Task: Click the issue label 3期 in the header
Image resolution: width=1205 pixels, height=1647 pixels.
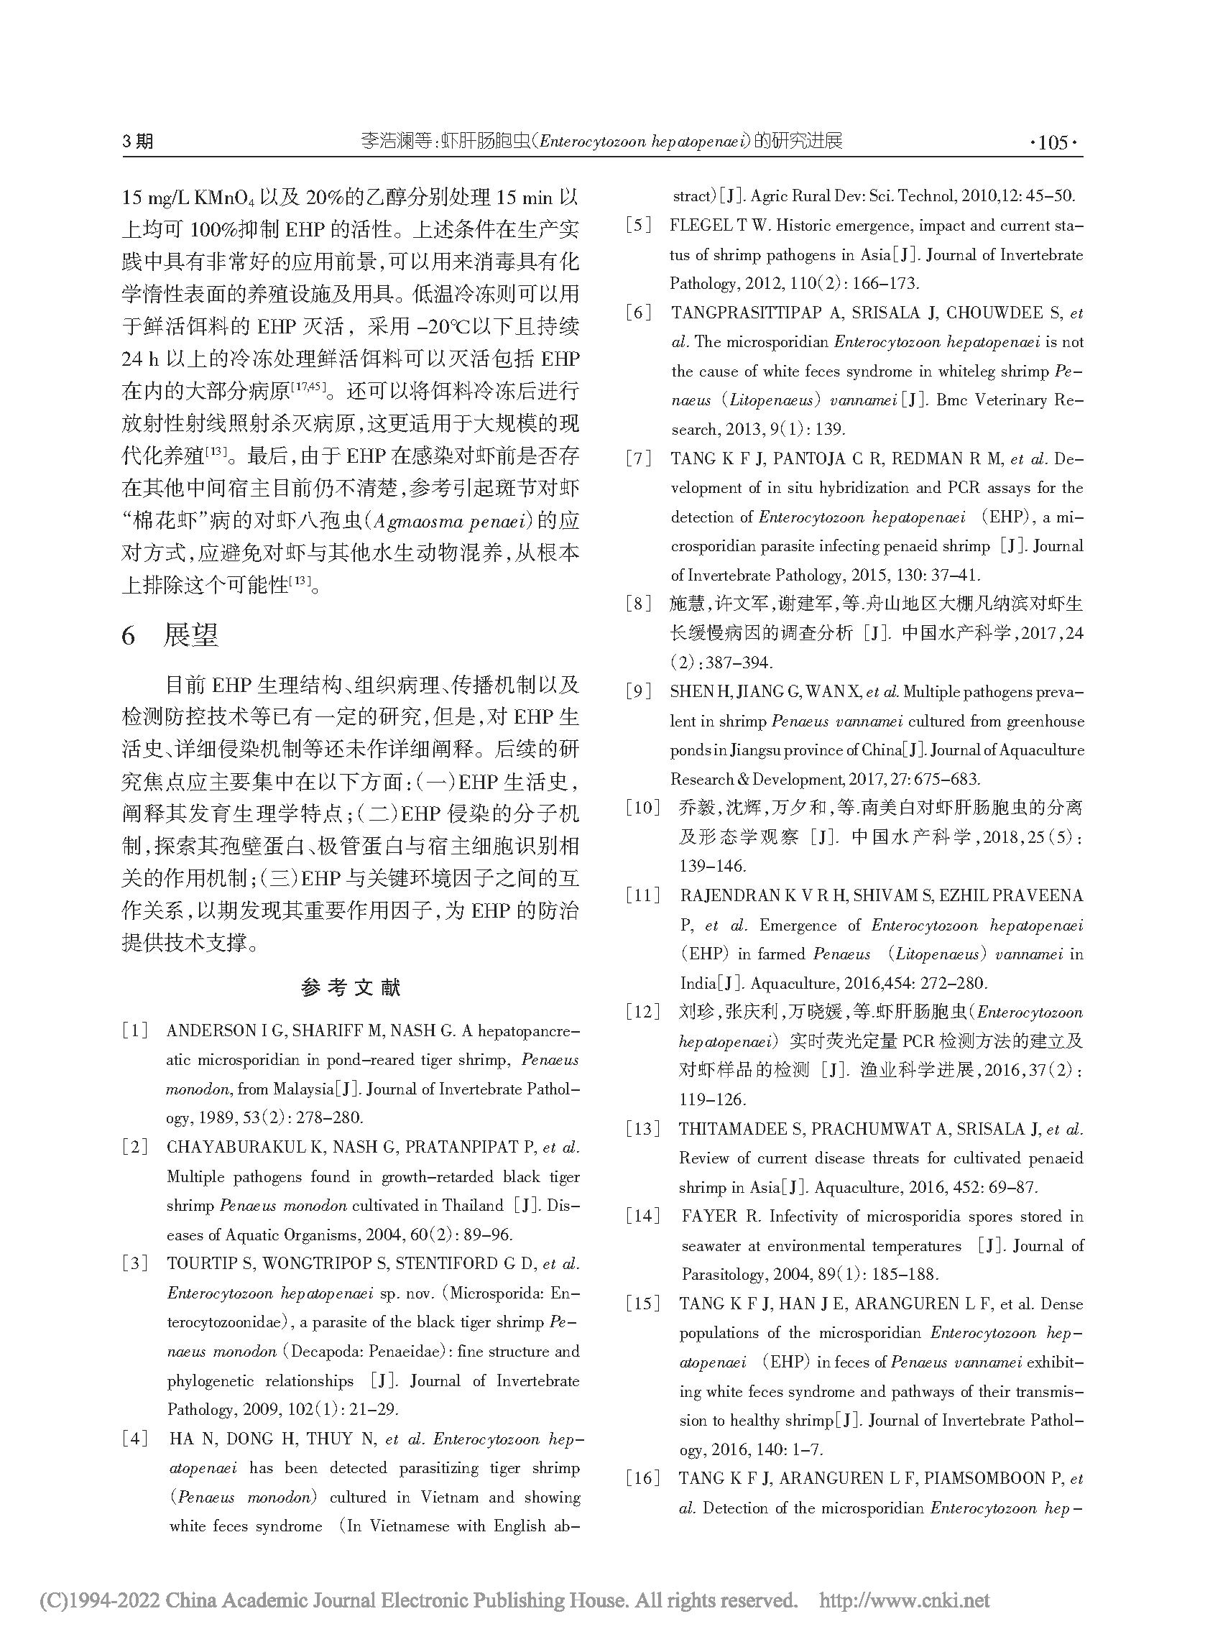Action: (138, 142)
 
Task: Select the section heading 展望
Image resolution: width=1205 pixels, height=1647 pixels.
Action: (190, 635)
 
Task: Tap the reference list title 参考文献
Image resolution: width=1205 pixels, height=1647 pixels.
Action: (351, 988)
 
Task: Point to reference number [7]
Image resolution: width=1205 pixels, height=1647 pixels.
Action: (639, 458)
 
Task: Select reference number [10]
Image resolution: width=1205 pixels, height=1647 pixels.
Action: (642, 808)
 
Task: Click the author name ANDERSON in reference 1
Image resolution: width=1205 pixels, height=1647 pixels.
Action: (211, 1030)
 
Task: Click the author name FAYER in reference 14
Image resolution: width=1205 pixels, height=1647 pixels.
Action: (710, 1217)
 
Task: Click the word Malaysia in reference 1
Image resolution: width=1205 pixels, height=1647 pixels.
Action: (303, 1089)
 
